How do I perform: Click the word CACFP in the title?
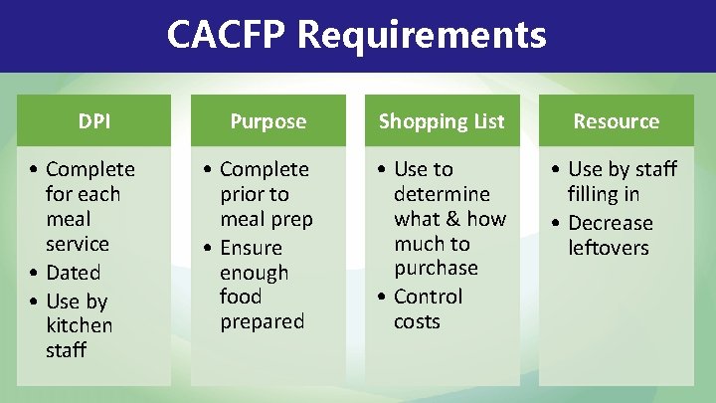pyautogui.click(x=227, y=36)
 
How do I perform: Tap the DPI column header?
pyautogui.click(x=93, y=121)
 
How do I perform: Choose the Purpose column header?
pyautogui.click(x=268, y=121)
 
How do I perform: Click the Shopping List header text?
pyautogui.click(x=442, y=121)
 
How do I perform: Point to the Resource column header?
pyautogui.click(x=616, y=121)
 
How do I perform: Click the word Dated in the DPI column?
pyautogui.click(x=74, y=273)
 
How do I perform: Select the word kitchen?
pyautogui.click(x=79, y=325)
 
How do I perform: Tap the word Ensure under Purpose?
pyautogui.click(x=251, y=248)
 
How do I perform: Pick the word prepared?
pyautogui.click(x=263, y=321)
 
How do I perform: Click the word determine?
pyautogui.click(x=442, y=194)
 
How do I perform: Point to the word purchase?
pyautogui.click(x=436, y=268)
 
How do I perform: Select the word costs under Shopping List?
pyautogui.click(x=417, y=321)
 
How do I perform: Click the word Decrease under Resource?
pyautogui.click(x=610, y=224)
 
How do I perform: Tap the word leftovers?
pyautogui.click(x=609, y=248)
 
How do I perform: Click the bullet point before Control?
pyautogui.click(x=382, y=298)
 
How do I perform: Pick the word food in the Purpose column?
pyautogui.click(x=241, y=297)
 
